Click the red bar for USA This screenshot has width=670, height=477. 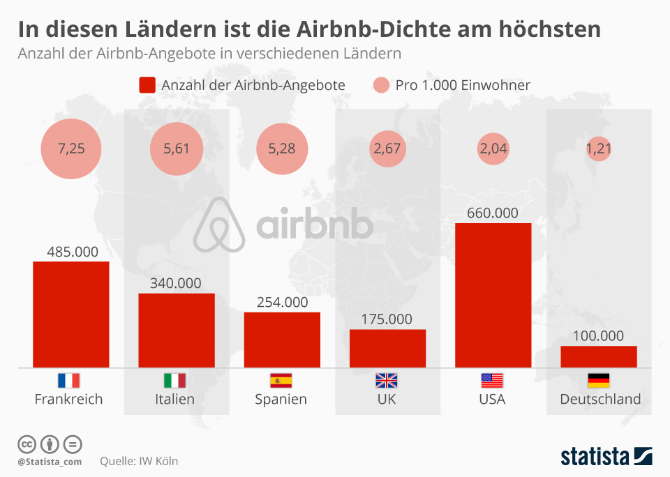pos(493,295)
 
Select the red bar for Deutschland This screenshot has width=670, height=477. pos(598,356)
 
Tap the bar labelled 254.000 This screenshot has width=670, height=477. pos(282,340)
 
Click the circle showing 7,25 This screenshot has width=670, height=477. pos(71,149)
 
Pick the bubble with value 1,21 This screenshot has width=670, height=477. pos(598,149)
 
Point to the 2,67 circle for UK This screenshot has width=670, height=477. pos(387,149)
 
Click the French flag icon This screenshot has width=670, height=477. pos(68,381)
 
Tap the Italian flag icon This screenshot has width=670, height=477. pos(174,381)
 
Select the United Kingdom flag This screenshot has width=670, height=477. pos(386,381)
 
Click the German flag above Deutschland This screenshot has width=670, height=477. pos(598,381)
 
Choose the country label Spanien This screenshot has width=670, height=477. pos(281,400)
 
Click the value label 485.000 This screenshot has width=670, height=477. pos(72,252)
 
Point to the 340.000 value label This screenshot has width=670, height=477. pos(176,283)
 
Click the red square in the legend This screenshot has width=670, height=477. pos(147,85)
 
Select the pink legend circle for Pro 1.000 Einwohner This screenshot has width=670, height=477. pos(380,85)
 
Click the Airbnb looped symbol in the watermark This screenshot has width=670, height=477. pos(219,224)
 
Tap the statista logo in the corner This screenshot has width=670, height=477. pos(606,457)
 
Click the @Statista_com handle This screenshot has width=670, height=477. pos(50,462)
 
